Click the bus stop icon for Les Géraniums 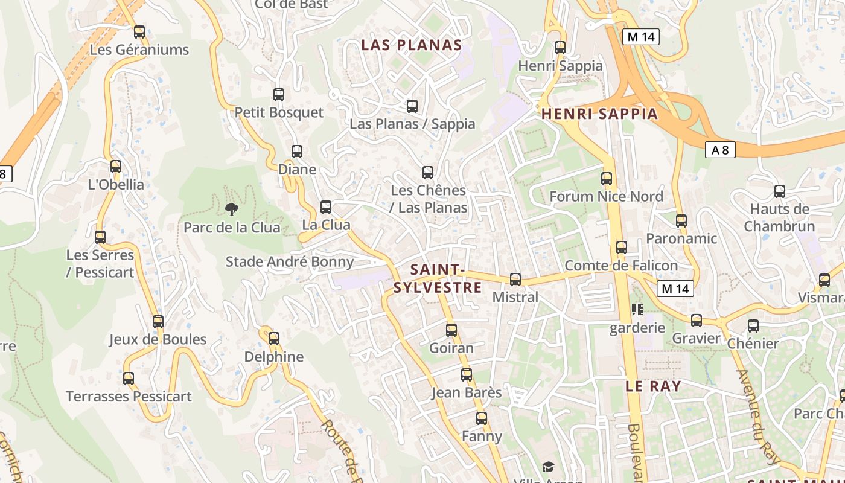(139, 32)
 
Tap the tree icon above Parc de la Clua (231, 210)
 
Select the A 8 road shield (720, 150)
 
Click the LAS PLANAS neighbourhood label (411, 45)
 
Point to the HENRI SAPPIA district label (599, 114)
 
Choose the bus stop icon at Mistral (515, 280)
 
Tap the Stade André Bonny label (289, 261)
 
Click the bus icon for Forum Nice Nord (607, 179)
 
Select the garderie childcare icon (637, 310)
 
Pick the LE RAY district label (653, 386)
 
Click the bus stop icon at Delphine (274, 339)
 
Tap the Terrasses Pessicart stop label (129, 397)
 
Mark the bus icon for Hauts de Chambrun (780, 191)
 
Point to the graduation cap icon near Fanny (548, 467)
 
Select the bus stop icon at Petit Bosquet (279, 95)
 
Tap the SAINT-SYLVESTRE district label (438, 278)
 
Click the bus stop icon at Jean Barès (467, 375)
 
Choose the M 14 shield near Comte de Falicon (675, 289)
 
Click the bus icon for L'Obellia (116, 167)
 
